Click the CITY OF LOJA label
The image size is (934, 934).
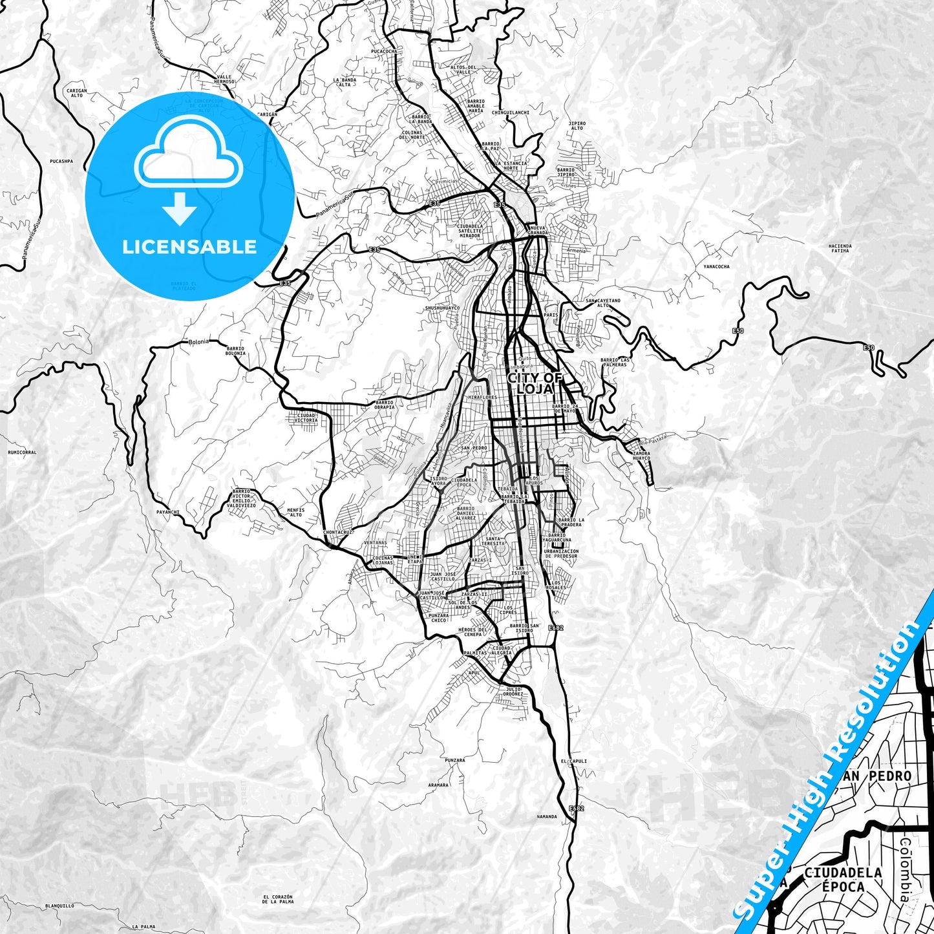535,383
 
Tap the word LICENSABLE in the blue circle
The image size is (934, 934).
189,247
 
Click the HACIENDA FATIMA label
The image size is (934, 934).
840,248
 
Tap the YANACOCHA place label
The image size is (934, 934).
716,266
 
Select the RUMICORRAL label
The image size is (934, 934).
22,452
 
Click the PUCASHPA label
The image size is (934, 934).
60,161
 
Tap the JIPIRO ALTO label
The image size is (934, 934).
577,125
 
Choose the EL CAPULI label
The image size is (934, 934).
574,761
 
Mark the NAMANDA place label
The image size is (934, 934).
546,816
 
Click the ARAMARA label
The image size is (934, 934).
438,785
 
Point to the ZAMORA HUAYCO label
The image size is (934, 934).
641,456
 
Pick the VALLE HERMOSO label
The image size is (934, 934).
224,80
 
